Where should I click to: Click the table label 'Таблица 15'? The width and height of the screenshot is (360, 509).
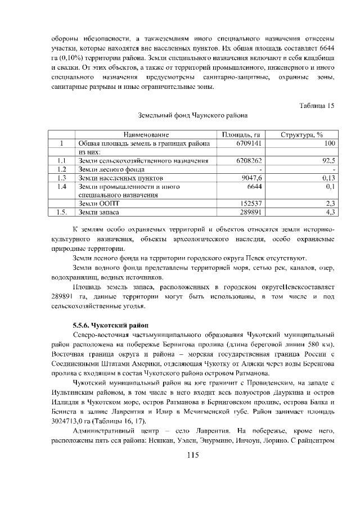pyautogui.click(x=317, y=105)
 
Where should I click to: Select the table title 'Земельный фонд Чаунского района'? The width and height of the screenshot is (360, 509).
pyautogui.click(x=193, y=116)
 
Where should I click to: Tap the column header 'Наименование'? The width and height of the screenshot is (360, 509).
pyautogui.click(x=147, y=135)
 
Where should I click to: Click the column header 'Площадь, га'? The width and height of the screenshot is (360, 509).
pyautogui.click(x=240, y=135)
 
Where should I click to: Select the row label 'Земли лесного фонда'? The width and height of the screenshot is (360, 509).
pyautogui.click(x=111, y=169)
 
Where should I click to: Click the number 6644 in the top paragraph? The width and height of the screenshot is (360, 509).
pyautogui.click(x=326, y=48)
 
